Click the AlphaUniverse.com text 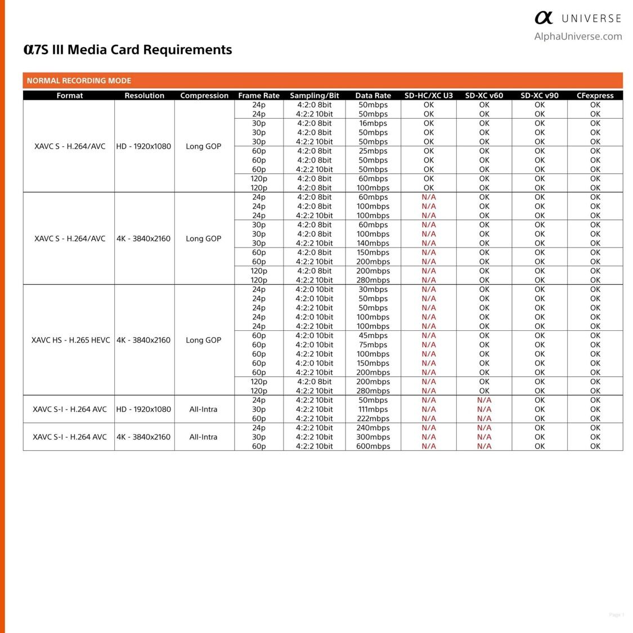click(x=578, y=37)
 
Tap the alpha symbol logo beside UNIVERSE click(x=544, y=18)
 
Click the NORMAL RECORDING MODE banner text click(x=79, y=80)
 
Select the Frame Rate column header click(x=259, y=96)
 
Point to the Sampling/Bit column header click(x=315, y=96)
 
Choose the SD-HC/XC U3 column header click(x=429, y=96)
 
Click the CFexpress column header click(x=595, y=96)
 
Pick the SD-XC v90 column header click(x=540, y=96)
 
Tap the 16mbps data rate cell click(x=373, y=123)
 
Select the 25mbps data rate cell click(x=373, y=151)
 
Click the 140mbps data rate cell click(x=373, y=243)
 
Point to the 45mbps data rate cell click(x=373, y=335)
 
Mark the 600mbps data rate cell click(x=373, y=446)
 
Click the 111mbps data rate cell click(x=373, y=409)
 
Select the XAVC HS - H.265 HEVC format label click(x=70, y=340)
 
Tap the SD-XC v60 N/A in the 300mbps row click(x=484, y=437)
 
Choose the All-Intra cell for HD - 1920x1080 click(x=203, y=409)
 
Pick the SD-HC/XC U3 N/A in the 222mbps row click(x=429, y=418)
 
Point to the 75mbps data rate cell click(x=373, y=344)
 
